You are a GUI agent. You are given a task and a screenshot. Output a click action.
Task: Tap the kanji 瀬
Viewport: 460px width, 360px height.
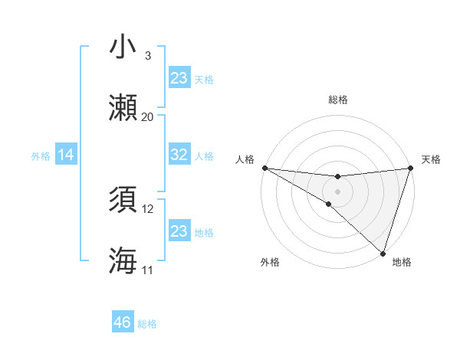tap(124, 107)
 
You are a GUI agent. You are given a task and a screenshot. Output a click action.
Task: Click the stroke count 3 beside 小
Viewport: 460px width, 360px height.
tap(147, 56)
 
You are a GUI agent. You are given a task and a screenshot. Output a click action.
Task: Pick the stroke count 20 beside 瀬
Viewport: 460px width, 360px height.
tap(148, 116)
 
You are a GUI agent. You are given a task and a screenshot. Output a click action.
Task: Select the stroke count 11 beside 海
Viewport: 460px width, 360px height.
tap(148, 270)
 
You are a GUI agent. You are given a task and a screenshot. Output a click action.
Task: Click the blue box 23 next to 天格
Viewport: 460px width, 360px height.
tap(179, 77)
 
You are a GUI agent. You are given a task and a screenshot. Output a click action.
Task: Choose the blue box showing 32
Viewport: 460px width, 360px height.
tap(179, 154)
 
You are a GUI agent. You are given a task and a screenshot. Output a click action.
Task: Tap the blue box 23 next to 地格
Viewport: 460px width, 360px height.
tap(179, 231)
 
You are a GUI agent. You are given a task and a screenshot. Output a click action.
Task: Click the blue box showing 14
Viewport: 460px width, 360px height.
tap(66, 155)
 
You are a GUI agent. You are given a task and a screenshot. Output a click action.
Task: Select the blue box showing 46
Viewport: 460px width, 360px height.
tap(122, 322)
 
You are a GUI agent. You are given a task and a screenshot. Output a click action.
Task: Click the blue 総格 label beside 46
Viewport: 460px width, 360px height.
tap(147, 324)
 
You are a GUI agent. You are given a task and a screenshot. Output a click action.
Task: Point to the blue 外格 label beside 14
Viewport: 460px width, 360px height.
tap(41, 156)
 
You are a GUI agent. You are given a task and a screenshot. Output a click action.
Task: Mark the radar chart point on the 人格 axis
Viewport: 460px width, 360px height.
tap(264, 168)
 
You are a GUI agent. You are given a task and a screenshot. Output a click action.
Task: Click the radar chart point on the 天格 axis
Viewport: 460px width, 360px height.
tap(411, 168)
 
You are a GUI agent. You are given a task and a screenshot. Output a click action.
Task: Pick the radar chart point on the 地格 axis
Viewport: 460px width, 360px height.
tap(383, 254)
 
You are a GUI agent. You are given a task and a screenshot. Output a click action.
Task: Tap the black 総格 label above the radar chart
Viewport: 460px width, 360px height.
tap(337, 100)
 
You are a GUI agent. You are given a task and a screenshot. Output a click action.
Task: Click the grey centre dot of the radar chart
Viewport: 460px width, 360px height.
tap(337, 191)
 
